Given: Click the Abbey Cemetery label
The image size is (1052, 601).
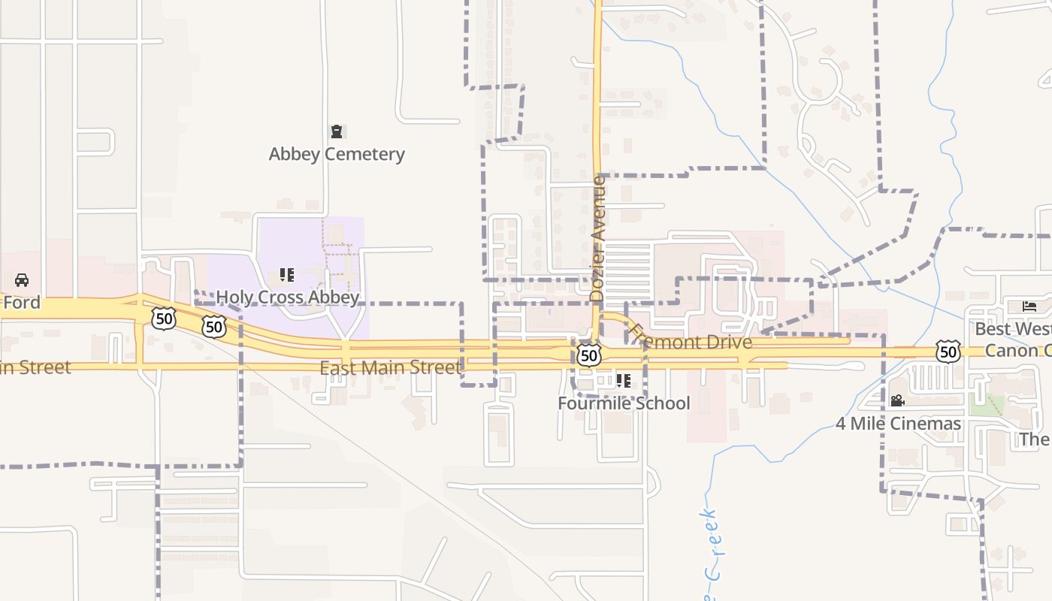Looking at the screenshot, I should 337,155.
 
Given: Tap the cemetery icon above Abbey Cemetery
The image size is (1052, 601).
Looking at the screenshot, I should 337,132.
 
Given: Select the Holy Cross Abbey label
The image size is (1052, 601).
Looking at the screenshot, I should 288,297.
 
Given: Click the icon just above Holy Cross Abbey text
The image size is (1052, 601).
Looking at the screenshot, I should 286,275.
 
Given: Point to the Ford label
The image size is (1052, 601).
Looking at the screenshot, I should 21,303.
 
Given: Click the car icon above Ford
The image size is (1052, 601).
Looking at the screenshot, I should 22,280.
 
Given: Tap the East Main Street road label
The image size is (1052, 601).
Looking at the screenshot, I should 389,367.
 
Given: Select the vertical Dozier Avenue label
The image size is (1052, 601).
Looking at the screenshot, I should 598,238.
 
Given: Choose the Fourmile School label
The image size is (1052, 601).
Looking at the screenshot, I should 624,403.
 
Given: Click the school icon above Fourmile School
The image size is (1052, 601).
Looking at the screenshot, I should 623,381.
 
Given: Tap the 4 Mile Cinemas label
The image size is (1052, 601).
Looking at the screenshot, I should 898,424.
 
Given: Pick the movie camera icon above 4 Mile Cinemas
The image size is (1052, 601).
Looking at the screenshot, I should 897,401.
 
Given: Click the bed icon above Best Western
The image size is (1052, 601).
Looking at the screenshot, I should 1029,307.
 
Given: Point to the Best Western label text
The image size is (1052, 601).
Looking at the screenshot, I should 1013,329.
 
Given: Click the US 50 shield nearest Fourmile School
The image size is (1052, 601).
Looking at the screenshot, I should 590,354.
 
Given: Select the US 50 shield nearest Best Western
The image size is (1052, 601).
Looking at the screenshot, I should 948,351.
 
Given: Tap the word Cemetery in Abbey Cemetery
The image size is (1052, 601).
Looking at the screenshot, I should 363,155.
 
